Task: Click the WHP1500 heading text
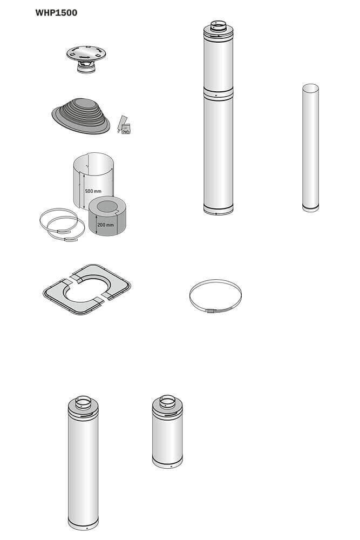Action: (x=56, y=13)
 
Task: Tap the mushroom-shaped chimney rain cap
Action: (x=86, y=58)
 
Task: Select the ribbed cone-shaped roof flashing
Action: (x=81, y=116)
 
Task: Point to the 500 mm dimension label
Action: (x=93, y=191)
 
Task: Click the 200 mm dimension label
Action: (x=105, y=225)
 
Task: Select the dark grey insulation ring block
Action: (x=107, y=216)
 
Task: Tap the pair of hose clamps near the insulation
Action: (x=62, y=225)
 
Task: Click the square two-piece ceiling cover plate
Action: (x=87, y=289)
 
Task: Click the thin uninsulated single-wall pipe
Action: (x=310, y=148)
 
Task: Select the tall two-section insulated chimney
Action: (x=218, y=117)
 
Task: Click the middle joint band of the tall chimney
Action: (x=218, y=93)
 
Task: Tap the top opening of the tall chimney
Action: (x=218, y=23)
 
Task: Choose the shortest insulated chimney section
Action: (x=167, y=431)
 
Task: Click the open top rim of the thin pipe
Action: (x=310, y=88)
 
